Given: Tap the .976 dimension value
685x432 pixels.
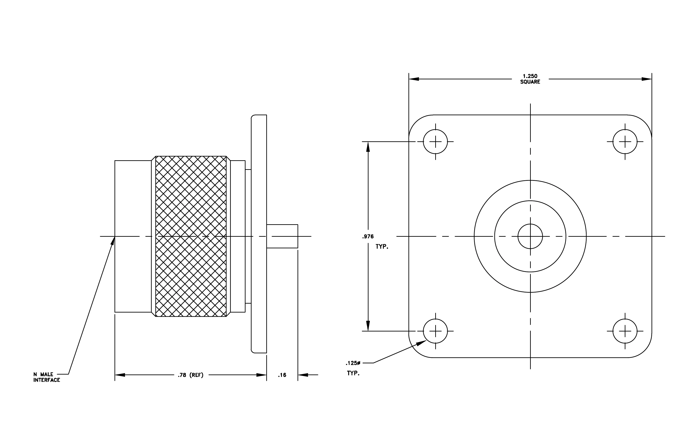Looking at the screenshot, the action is click(368, 236).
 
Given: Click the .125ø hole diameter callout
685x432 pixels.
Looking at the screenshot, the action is click(353, 363).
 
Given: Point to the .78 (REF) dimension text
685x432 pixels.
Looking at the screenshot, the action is click(191, 375).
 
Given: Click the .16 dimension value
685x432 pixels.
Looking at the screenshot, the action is click(282, 375).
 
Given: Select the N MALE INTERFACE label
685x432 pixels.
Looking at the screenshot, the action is click(47, 377).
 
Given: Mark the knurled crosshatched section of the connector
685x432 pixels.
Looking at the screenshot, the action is click(191, 236).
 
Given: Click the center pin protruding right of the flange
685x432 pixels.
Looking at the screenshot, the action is click(282, 236).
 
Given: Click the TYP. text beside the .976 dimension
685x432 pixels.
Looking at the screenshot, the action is click(382, 247).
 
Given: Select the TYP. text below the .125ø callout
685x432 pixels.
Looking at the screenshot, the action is click(353, 373).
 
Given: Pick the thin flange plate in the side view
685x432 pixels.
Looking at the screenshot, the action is click(259, 234).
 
